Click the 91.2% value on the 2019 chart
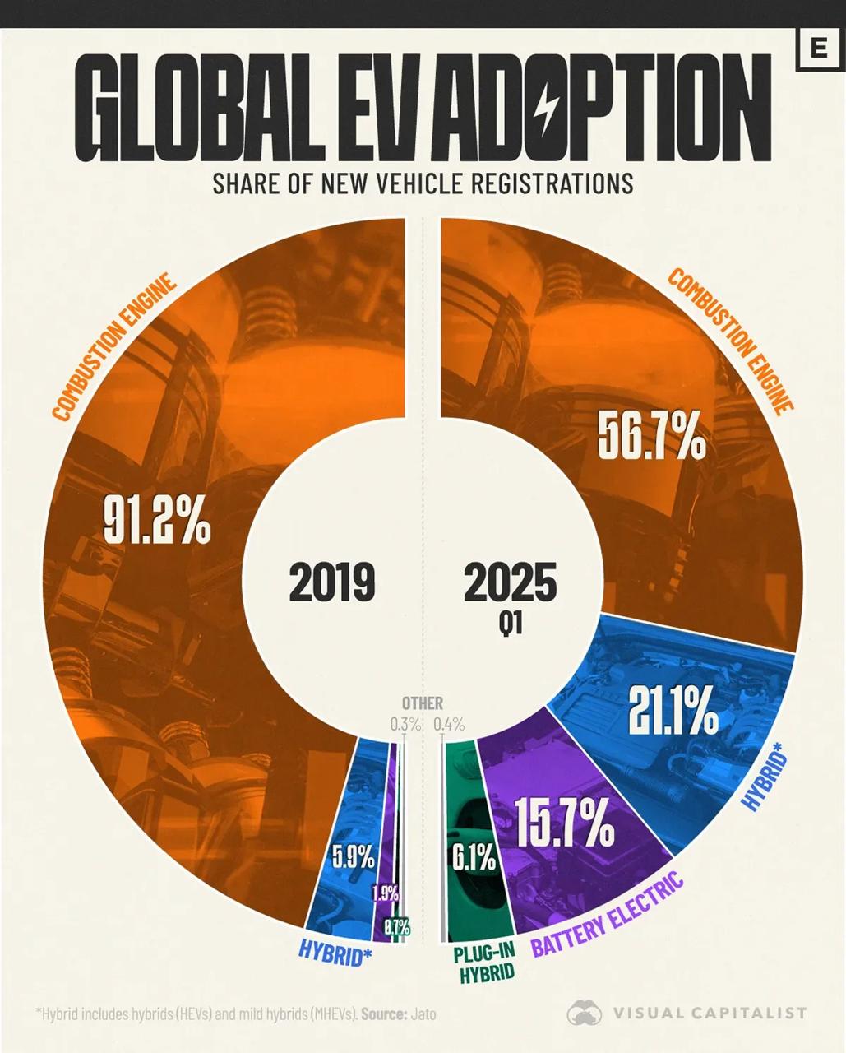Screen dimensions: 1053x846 (x=156, y=520)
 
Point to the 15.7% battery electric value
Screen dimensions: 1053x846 (x=565, y=823)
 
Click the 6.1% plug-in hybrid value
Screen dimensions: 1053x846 (x=473, y=860)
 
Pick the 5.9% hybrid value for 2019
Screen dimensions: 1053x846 (x=353, y=857)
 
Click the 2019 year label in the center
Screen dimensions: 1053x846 (x=331, y=582)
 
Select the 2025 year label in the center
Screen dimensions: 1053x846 (x=510, y=582)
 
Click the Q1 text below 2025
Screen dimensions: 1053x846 (x=510, y=625)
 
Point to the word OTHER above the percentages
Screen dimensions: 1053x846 (x=423, y=703)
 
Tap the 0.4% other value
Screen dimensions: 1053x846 (x=449, y=725)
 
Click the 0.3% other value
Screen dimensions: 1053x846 (x=405, y=725)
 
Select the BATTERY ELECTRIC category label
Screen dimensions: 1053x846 (x=607, y=916)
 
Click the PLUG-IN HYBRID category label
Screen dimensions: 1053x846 (x=485, y=963)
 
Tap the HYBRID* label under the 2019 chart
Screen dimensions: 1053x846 (x=335, y=953)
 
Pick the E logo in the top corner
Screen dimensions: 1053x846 (x=818, y=49)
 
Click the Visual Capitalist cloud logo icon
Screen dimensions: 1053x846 (x=585, y=1013)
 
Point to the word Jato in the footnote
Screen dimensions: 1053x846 (x=423, y=1014)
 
